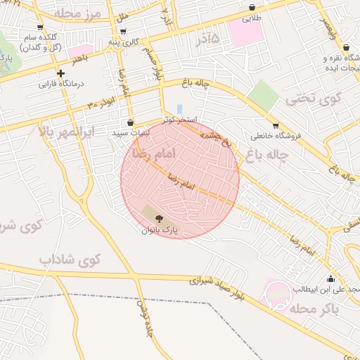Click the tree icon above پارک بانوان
click(157, 218)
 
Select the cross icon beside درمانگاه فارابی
click(61, 72)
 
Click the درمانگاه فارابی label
click(61, 84)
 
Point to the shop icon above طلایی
click(252, 8)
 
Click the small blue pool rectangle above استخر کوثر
click(180, 109)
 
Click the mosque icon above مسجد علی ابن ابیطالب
click(331, 278)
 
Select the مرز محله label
click(77, 13)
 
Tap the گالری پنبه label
click(124, 41)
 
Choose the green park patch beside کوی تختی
click(263, 95)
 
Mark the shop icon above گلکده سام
click(39, 27)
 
